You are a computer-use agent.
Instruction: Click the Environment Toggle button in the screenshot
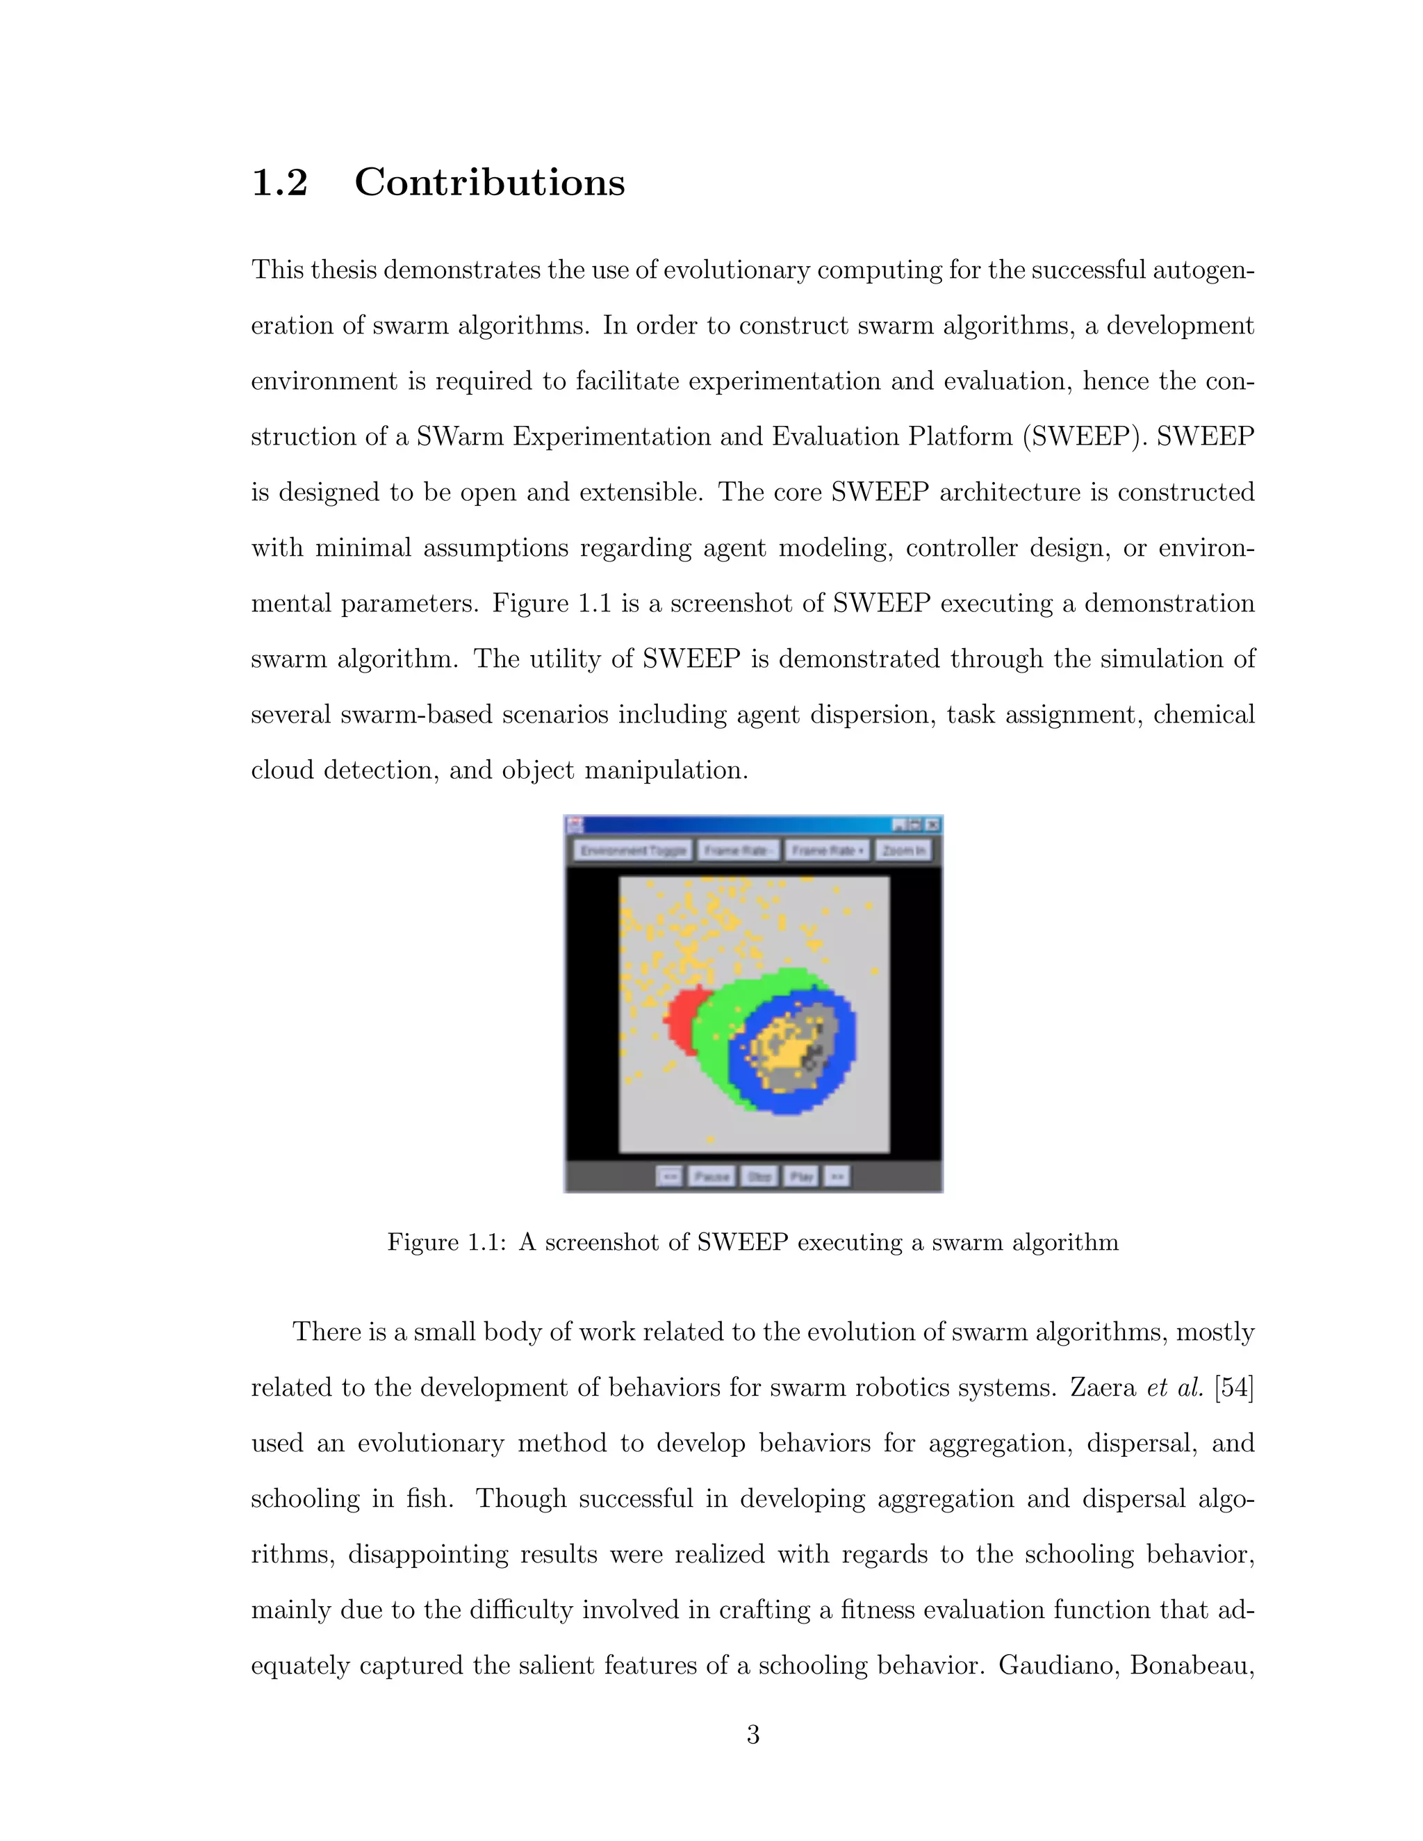tap(633, 850)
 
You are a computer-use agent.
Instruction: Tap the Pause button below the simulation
tap(711, 1176)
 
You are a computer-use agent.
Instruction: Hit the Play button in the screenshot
tap(801, 1176)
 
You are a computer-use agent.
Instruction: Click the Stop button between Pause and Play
tap(759, 1176)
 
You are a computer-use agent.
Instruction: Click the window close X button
tap(932, 825)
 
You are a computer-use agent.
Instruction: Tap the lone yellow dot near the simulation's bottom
tap(711, 1139)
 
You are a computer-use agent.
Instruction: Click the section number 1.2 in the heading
tap(280, 182)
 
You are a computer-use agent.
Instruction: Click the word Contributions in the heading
tap(489, 182)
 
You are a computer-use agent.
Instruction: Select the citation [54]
tap(1233, 1387)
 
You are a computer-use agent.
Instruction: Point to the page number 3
tap(752, 1734)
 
